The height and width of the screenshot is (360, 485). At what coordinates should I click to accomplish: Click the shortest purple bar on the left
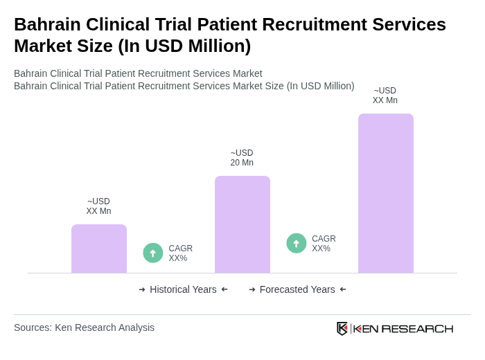coord(99,249)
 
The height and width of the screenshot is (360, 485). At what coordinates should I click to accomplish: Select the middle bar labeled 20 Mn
coord(242,224)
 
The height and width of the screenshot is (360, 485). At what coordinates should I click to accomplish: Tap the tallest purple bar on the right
coord(386,193)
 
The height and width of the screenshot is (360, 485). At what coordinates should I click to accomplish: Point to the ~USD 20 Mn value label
coord(242,158)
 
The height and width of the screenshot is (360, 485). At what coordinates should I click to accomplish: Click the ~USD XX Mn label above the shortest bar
coord(98,206)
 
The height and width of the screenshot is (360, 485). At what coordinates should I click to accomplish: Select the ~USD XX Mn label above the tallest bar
coord(385,96)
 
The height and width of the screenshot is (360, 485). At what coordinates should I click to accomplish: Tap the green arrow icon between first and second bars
coord(153,253)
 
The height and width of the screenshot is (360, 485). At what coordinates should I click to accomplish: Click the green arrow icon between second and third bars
coord(297,244)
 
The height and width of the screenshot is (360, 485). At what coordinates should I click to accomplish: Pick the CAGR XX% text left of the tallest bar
coord(324,244)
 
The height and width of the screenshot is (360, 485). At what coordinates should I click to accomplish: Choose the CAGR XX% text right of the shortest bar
coord(180,253)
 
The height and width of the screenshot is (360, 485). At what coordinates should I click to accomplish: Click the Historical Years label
coord(183,289)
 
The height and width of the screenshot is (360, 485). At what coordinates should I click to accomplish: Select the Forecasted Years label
coord(297,289)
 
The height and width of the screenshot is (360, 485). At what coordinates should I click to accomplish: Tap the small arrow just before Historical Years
coord(142,289)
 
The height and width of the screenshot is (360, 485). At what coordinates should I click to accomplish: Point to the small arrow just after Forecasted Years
coord(343,289)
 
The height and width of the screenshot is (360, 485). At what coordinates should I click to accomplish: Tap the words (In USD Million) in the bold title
coord(184,46)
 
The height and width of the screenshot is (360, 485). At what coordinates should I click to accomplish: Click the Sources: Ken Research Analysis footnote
coord(84,327)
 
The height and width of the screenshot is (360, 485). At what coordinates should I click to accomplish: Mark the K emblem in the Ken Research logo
coord(342,328)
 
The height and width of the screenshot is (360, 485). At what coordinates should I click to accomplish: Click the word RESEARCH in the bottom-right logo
coord(417,328)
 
